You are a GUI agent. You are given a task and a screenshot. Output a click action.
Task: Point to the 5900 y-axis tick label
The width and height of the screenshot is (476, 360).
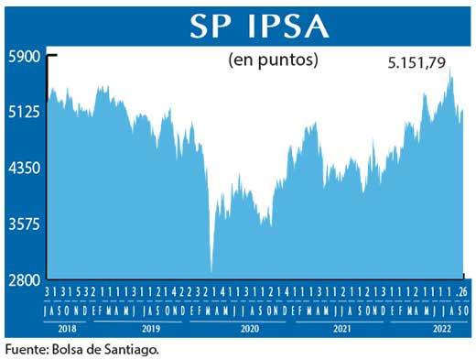[25, 56]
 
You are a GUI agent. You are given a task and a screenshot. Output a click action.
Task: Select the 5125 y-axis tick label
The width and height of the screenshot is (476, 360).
[25, 113]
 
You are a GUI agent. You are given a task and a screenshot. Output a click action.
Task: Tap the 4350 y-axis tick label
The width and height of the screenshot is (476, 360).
[25, 169]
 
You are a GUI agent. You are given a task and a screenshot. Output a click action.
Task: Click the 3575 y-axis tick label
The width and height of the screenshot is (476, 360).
[25, 224]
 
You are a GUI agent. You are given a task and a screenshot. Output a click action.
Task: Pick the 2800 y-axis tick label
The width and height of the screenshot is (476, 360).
[25, 280]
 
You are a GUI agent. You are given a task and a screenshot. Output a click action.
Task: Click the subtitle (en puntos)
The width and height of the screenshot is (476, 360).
[272, 61]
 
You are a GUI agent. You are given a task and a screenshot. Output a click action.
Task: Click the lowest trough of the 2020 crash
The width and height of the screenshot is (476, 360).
[211, 271]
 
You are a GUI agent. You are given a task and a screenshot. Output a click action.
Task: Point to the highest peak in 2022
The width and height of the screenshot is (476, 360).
[450, 70]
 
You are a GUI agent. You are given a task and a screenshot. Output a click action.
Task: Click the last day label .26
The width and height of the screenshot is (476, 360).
[463, 290]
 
